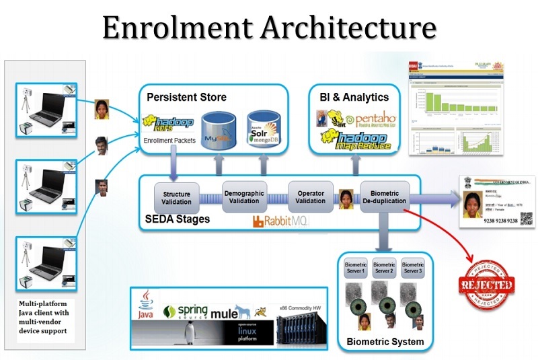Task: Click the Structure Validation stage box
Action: point(177,196)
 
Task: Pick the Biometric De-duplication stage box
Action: point(384,195)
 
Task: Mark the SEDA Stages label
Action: point(178,219)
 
